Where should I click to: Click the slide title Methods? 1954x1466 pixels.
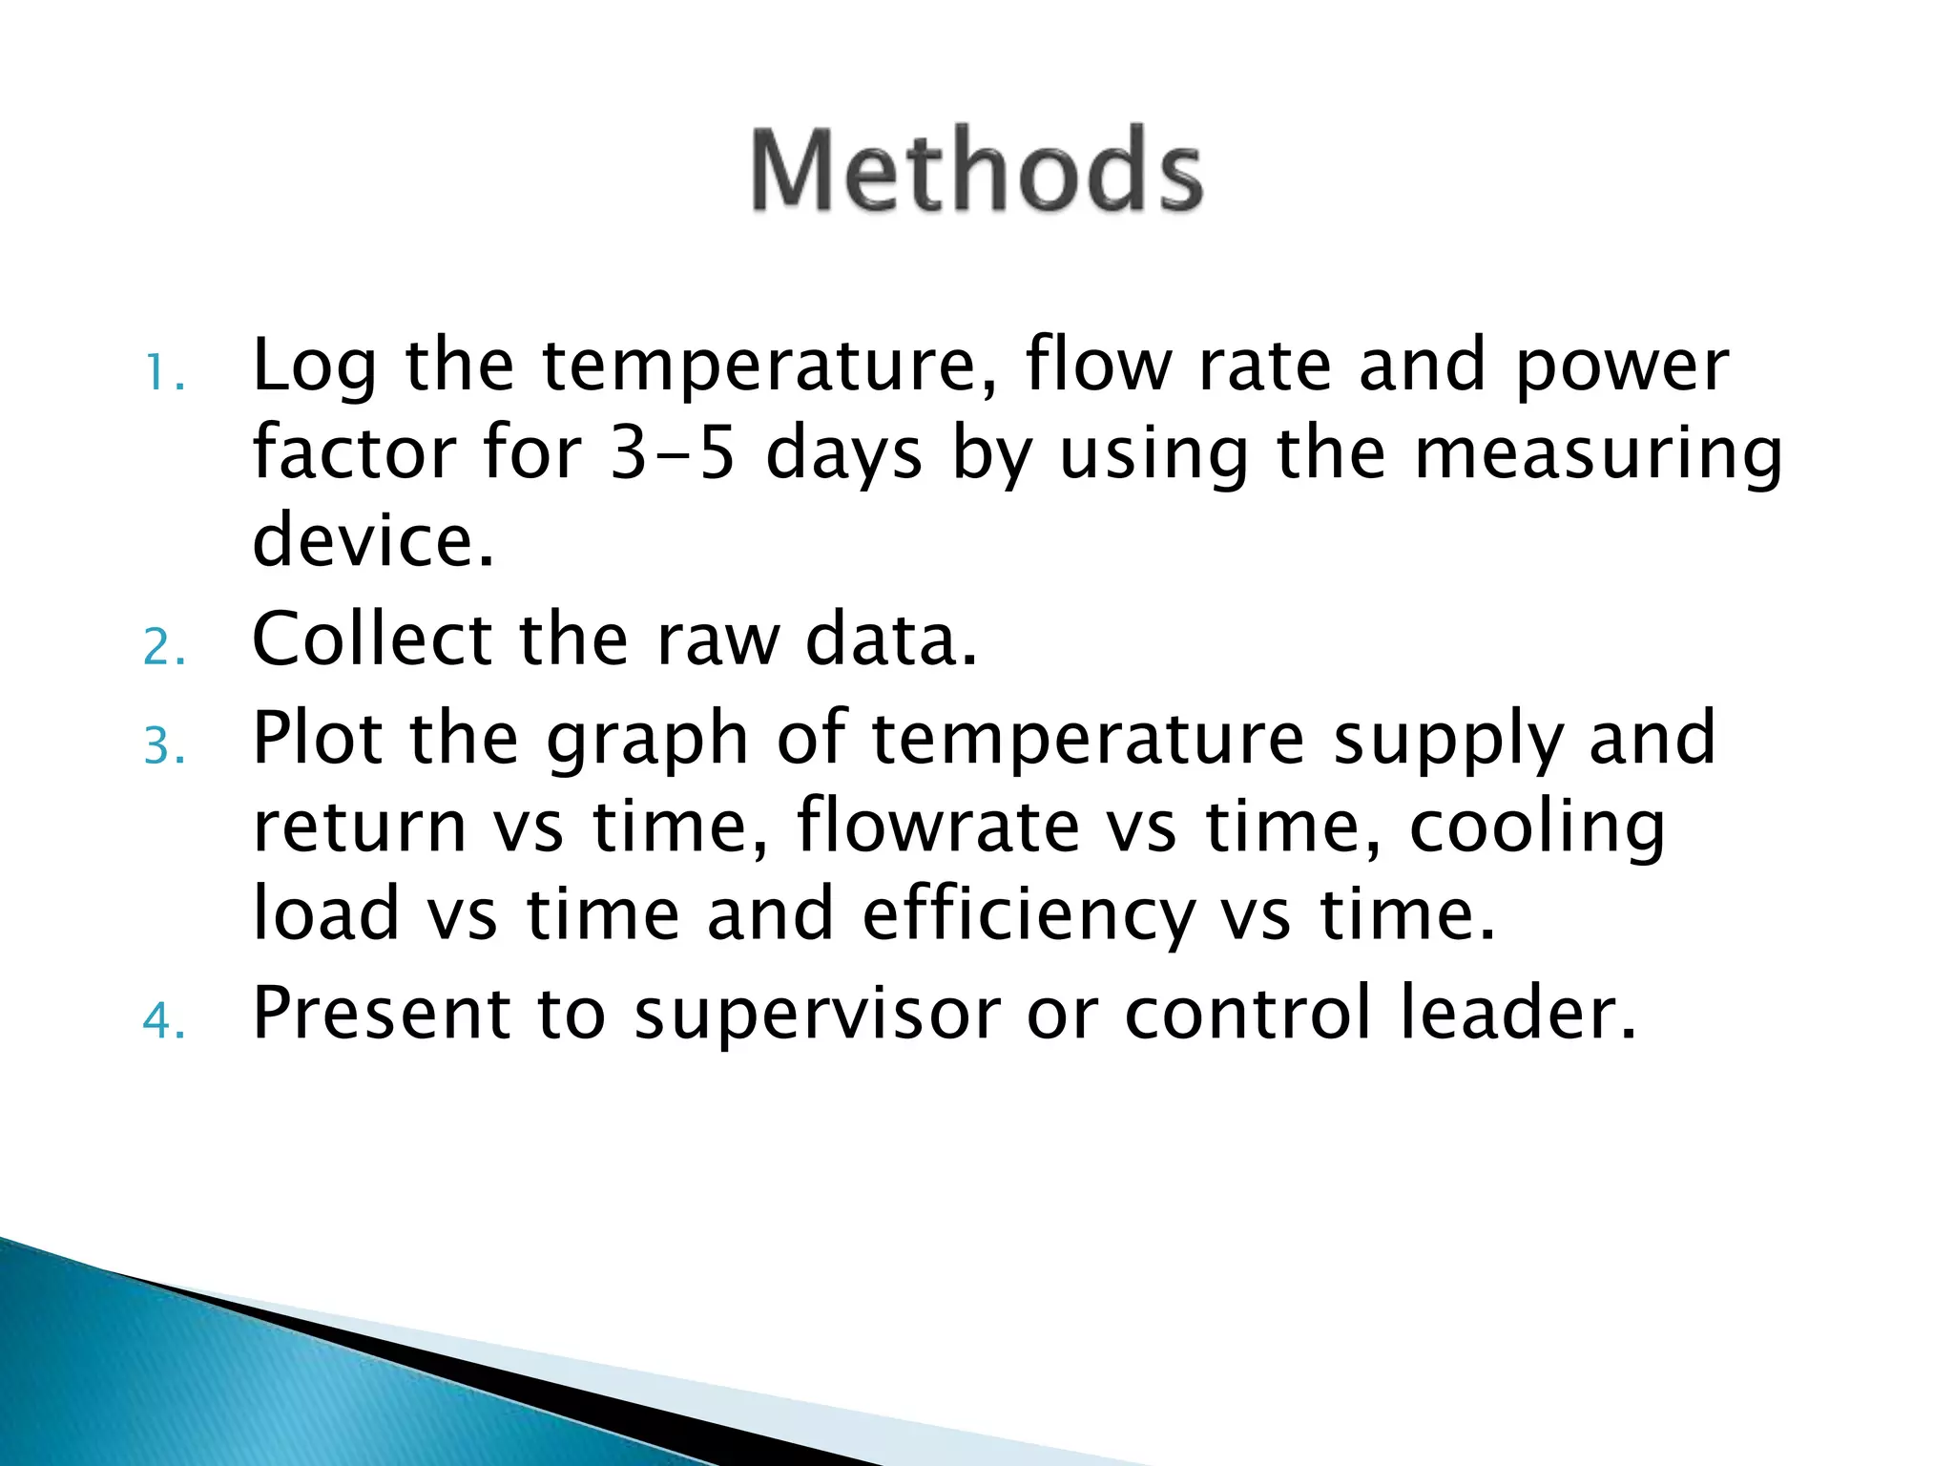coord(976,171)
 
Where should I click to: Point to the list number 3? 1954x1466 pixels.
coord(163,746)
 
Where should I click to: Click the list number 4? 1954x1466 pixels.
coord(163,1021)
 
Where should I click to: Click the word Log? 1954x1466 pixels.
coord(314,367)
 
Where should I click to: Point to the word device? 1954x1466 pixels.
coord(373,538)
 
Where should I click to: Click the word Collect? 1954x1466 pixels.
coord(371,639)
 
